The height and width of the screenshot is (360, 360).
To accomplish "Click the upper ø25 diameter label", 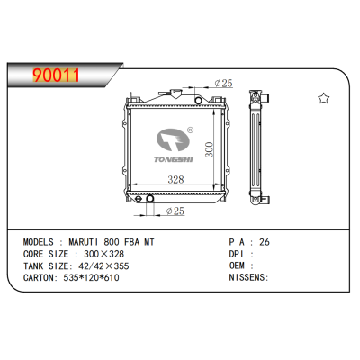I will pos(223,83).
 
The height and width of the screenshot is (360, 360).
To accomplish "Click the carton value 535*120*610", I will pos(91,277).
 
